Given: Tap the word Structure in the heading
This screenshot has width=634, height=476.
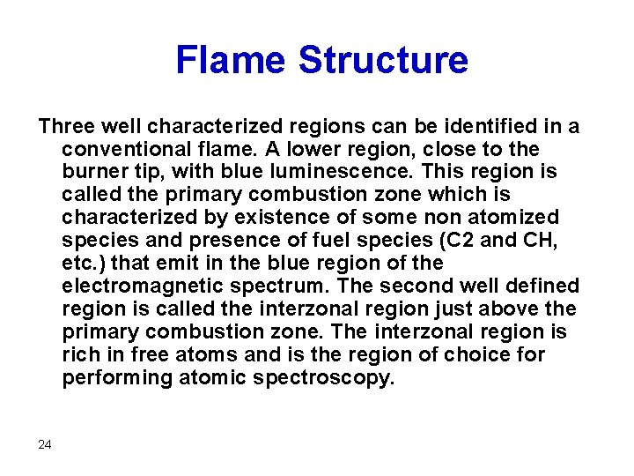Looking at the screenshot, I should [x=383, y=60].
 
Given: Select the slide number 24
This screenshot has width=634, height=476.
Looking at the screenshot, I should [x=45, y=444].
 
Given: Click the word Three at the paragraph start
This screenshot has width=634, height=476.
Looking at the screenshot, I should [x=66, y=126].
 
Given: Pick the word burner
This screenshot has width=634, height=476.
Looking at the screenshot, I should [x=92, y=172].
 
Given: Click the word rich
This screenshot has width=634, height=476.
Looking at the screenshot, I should [x=79, y=355].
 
